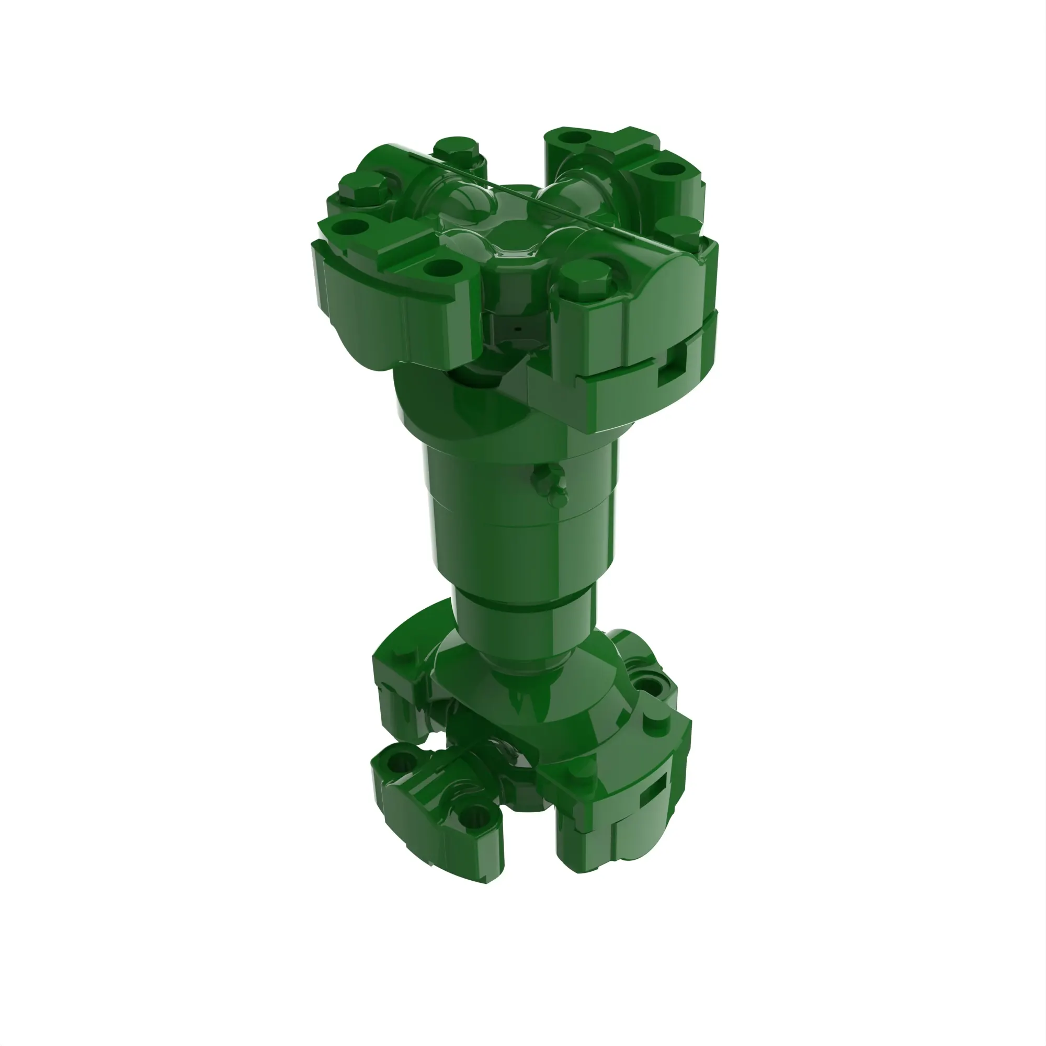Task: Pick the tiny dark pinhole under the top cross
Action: [x=518, y=328]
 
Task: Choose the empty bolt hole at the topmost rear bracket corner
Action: [x=573, y=136]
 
